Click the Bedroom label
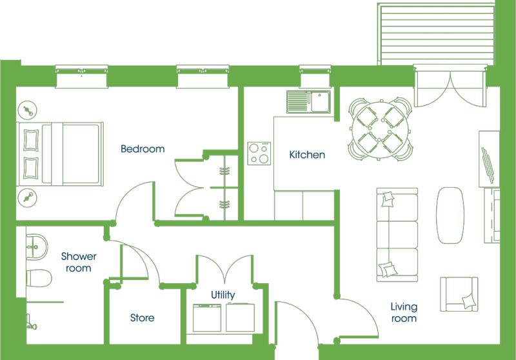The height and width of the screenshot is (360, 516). click(143, 149)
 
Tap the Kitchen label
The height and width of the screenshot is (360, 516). click(307, 155)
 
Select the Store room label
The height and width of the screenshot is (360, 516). click(142, 318)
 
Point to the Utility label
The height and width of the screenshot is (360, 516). click(223, 295)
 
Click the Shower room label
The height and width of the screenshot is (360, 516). click(79, 262)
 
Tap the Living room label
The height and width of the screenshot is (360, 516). click(404, 312)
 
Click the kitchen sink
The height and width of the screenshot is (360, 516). click(309, 102)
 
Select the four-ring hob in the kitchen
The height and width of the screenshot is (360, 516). click(259, 154)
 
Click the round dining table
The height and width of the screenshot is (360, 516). click(380, 130)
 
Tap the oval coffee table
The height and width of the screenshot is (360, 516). click(450, 215)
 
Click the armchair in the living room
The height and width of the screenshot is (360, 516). click(459, 294)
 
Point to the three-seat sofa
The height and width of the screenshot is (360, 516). click(397, 235)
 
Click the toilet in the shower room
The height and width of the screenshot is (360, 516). click(39, 278)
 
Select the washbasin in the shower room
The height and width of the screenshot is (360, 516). click(37, 247)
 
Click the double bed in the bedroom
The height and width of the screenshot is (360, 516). click(60, 154)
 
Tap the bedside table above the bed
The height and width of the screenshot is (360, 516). click(28, 110)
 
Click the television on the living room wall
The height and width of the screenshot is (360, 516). click(488, 165)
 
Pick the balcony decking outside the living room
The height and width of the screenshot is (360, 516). click(436, 34)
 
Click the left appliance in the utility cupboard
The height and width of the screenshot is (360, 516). click(207, 318)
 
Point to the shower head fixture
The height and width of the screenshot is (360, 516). click(31, 323)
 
